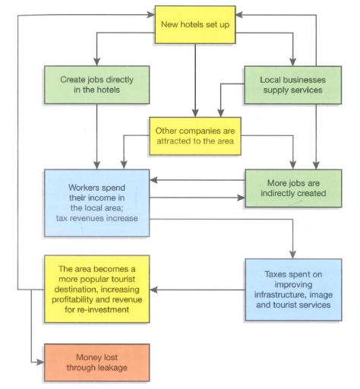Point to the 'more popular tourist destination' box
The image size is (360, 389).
(x=96, y=289)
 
